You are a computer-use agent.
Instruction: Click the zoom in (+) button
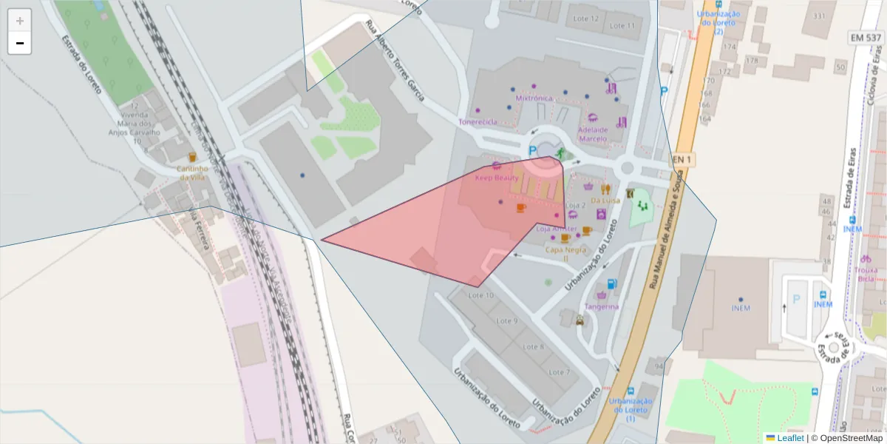coord(20,21)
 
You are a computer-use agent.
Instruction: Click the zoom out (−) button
coord(20,43)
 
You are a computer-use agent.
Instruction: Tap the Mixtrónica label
coord(534,98)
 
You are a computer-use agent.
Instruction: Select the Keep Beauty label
coord(496,178)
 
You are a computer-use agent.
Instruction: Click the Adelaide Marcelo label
coord(592,134)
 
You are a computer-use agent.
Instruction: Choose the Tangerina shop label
coord(601,306)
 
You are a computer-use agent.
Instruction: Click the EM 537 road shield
coord(865,37)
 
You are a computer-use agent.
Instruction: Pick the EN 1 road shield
coord(682,159)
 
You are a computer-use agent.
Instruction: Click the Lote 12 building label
coord(584,18)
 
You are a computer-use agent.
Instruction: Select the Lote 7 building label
coord(559,372)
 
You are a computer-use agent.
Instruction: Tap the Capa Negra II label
coord(566,254)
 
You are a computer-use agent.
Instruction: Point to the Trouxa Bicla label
coord(865,275)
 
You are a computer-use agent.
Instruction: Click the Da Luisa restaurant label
coord(605,200)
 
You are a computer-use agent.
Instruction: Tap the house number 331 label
coord(819,16)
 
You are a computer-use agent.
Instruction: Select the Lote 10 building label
coord(481,295)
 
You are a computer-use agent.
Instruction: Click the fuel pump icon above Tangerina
coord(611,283)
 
